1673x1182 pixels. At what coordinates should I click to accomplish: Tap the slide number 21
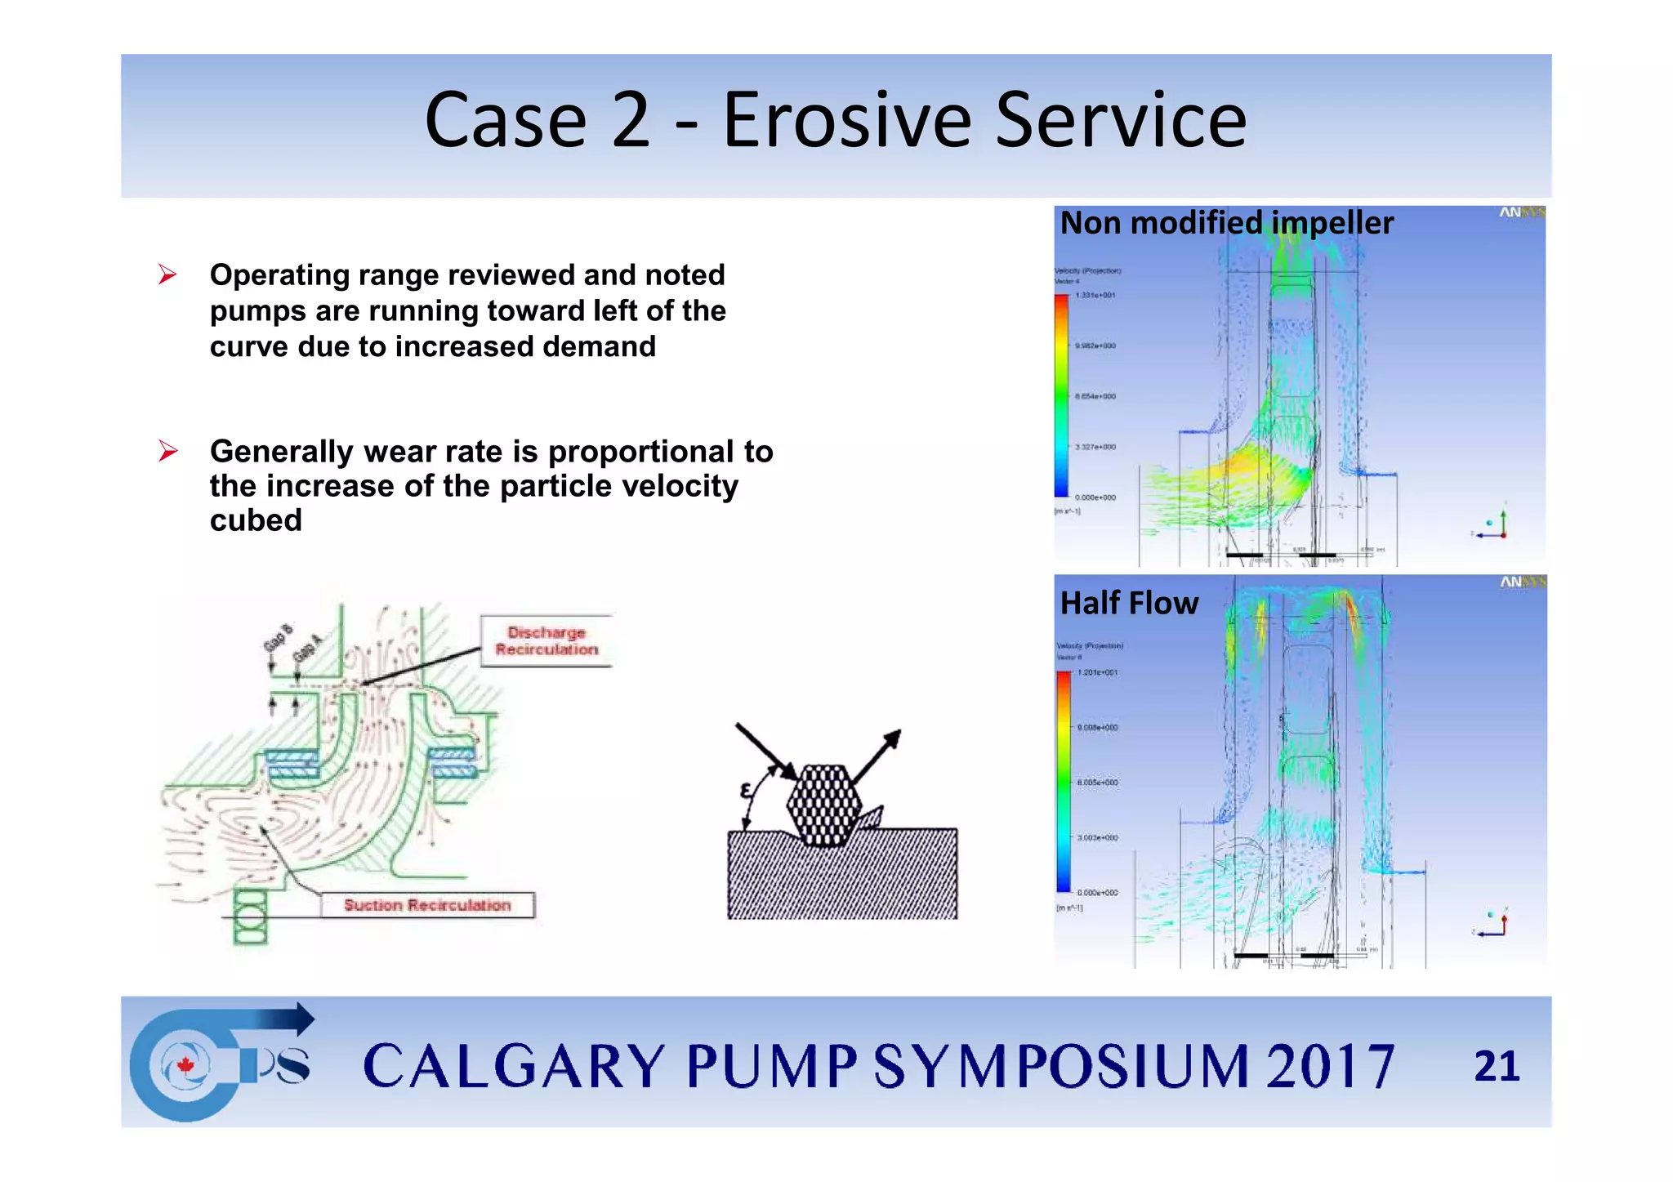[x=1496, y=1066]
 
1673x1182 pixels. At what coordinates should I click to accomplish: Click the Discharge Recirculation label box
[x=547, y=641]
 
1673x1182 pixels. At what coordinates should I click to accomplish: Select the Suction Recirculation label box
[x=427, y=905]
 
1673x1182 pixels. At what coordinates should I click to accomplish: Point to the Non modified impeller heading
[x=1226, y=223]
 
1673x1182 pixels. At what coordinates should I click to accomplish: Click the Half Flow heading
[x=1129, y=603]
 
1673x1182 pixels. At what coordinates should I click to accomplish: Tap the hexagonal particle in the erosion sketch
[x=824, y=805]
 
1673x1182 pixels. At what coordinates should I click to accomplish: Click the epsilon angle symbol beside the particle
[x=745, y=791]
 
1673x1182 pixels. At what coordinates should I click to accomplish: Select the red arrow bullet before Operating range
[x=168, y=275]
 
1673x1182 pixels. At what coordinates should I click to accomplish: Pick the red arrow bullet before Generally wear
[x=168, y=451]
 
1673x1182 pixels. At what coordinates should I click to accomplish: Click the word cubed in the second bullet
[x=256, y=520]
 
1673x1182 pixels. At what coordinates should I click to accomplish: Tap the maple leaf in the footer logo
[x=185, y=1065]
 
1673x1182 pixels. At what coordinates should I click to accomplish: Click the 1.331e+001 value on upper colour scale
[x=1095, y=295]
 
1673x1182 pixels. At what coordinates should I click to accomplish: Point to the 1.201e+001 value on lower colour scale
[x=1098, y=672]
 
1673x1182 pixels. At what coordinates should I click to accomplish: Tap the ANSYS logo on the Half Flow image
[x=1521, y=582]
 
